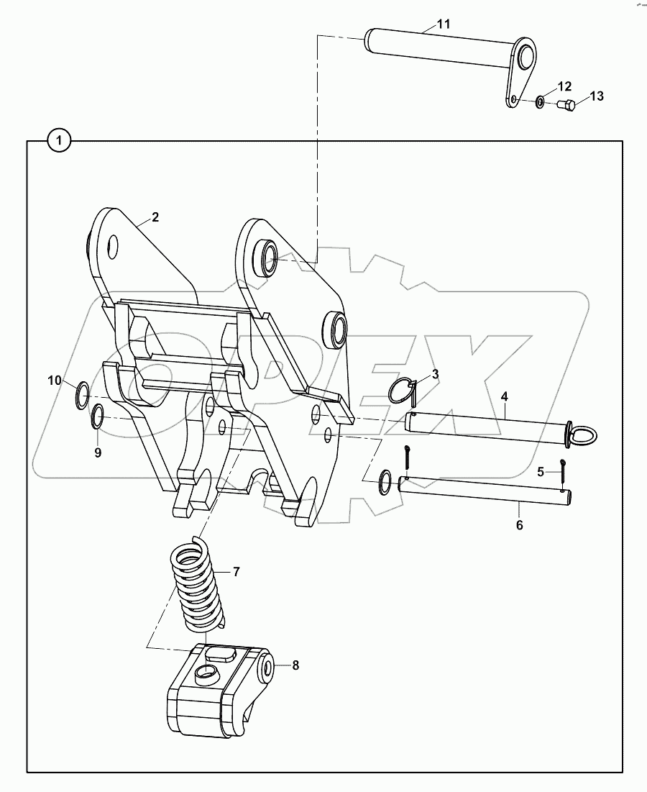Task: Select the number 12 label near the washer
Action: pos(564,86)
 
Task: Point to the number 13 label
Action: pos(597,96)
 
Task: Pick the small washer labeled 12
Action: pos(540,102)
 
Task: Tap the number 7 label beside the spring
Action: pos(236,572)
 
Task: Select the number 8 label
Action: pos(295,665)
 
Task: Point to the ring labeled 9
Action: pos(98,416)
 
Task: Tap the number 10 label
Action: pos(55,381)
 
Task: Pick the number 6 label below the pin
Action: pos(519,525)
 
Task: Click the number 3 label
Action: pos(435,374)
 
